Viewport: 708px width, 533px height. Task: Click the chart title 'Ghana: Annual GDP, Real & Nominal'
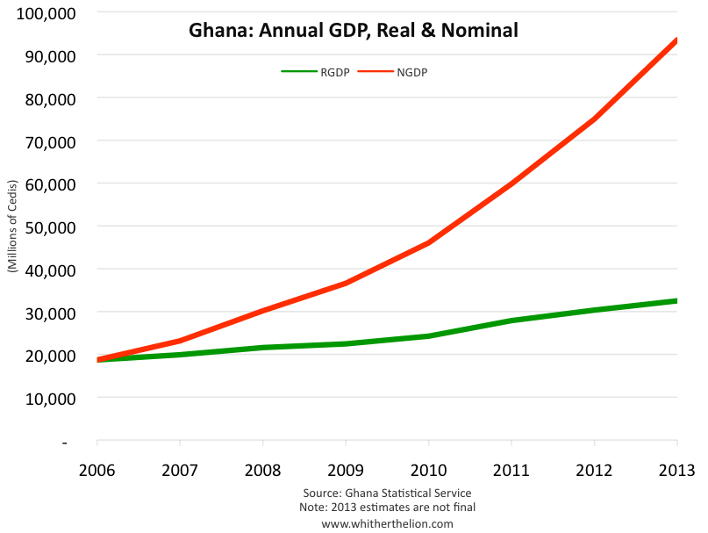353,31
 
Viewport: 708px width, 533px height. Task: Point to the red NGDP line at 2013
676,40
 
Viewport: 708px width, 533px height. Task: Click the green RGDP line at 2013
676,301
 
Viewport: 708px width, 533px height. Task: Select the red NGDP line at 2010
428,242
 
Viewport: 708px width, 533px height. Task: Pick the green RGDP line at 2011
511,321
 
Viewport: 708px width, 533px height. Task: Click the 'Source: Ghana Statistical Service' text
387,493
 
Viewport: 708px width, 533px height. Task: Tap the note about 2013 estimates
387,508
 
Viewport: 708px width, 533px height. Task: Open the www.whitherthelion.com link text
387,523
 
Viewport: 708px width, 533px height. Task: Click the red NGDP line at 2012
594,119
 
